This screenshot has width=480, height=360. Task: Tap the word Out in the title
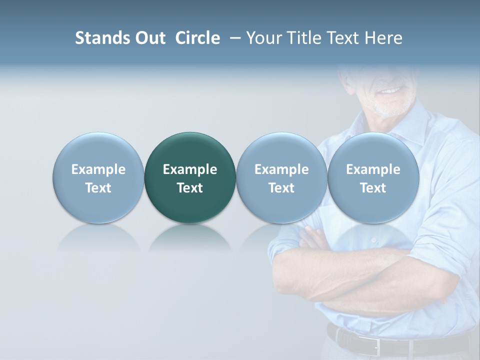[x=149, y=38]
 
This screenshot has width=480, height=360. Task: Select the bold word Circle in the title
[x=197, y=38]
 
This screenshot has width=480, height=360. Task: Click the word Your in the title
[x=262, y=38]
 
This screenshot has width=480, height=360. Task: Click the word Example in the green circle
[x=190, y=169]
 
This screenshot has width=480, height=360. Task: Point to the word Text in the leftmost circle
[x=98, y=188]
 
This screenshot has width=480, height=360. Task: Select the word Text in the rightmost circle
[x=373, y=188]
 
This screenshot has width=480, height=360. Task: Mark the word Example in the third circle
[x=281, y=169]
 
